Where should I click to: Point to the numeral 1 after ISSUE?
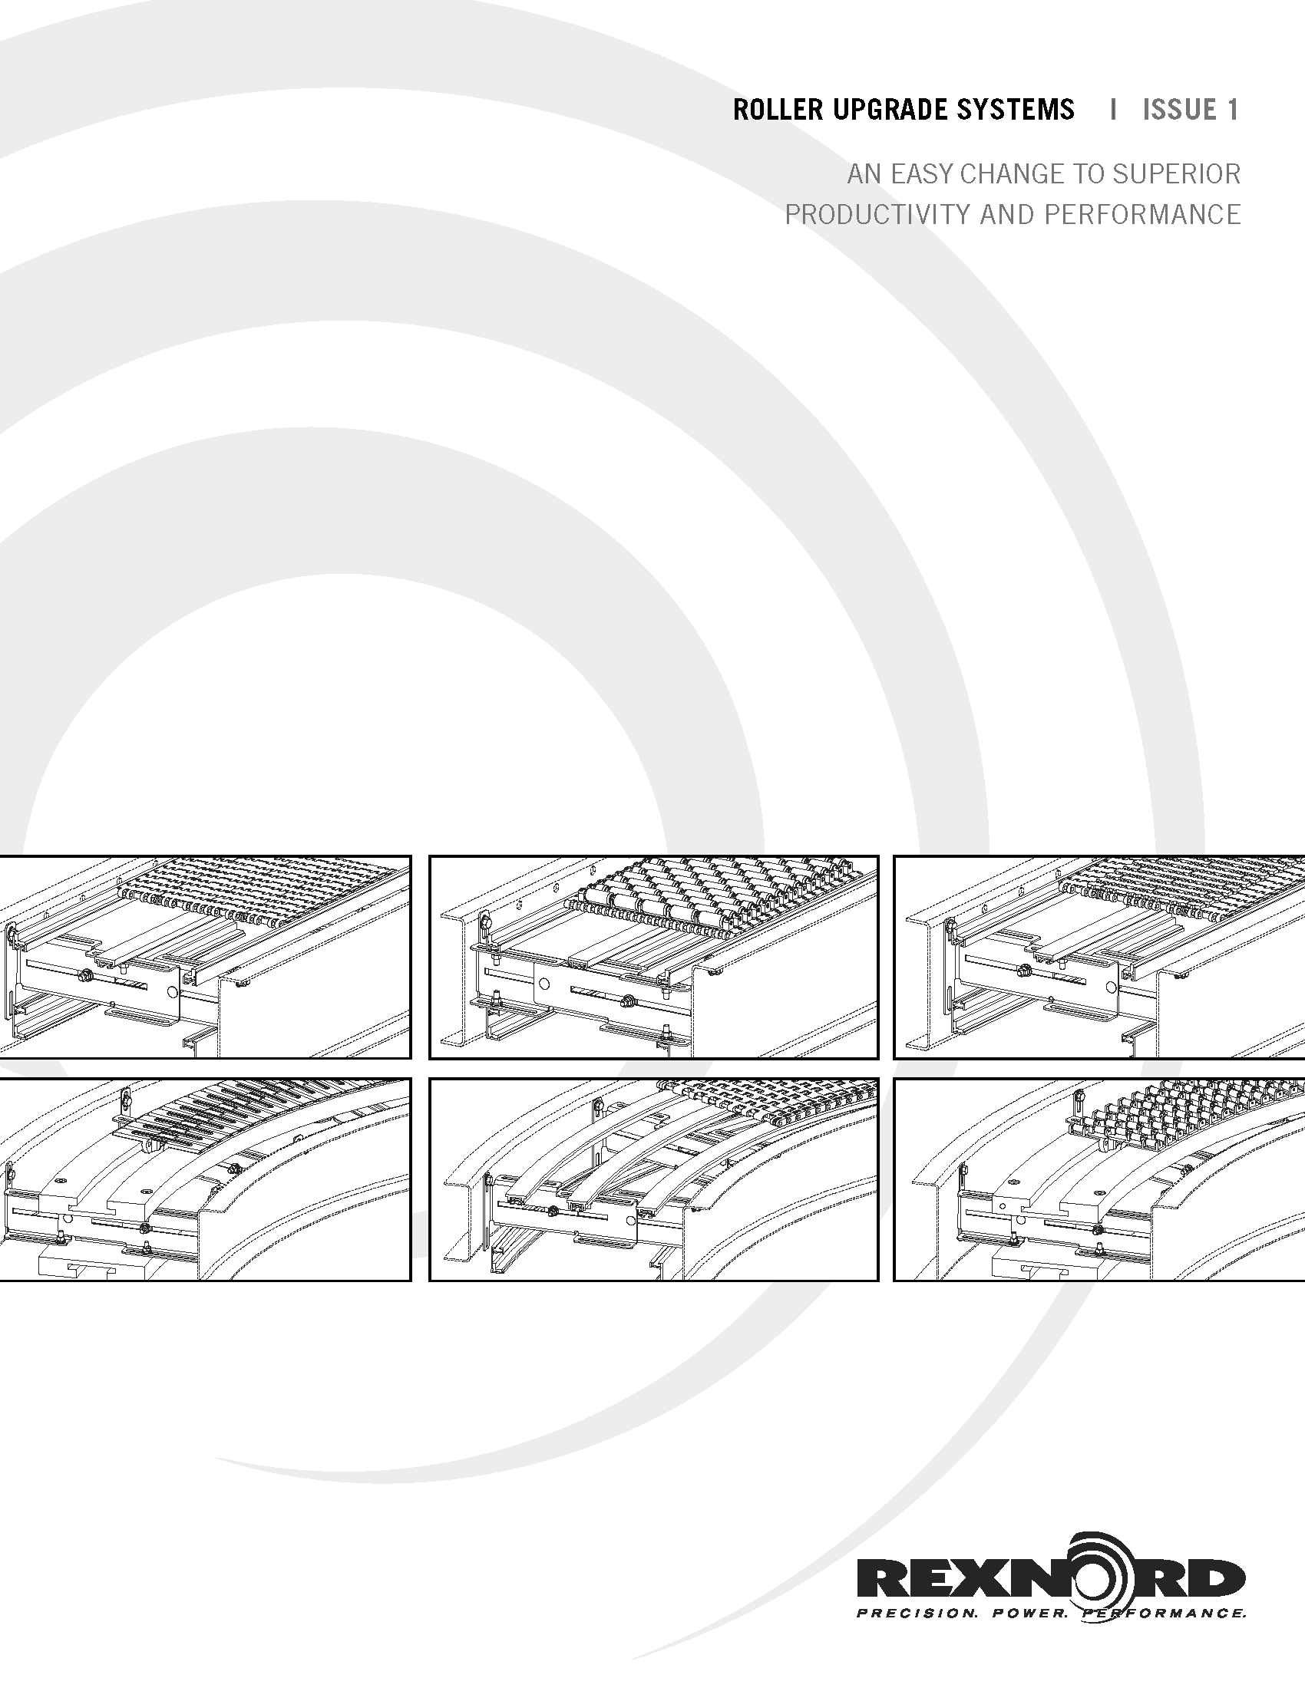point(1234,110)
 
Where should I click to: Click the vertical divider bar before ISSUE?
point(1112,110)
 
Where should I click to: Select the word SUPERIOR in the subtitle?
point(1177,174)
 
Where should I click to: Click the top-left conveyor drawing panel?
point(205,957)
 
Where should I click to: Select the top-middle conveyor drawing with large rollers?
point(654,957)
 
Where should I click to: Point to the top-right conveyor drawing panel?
point(1099,957)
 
